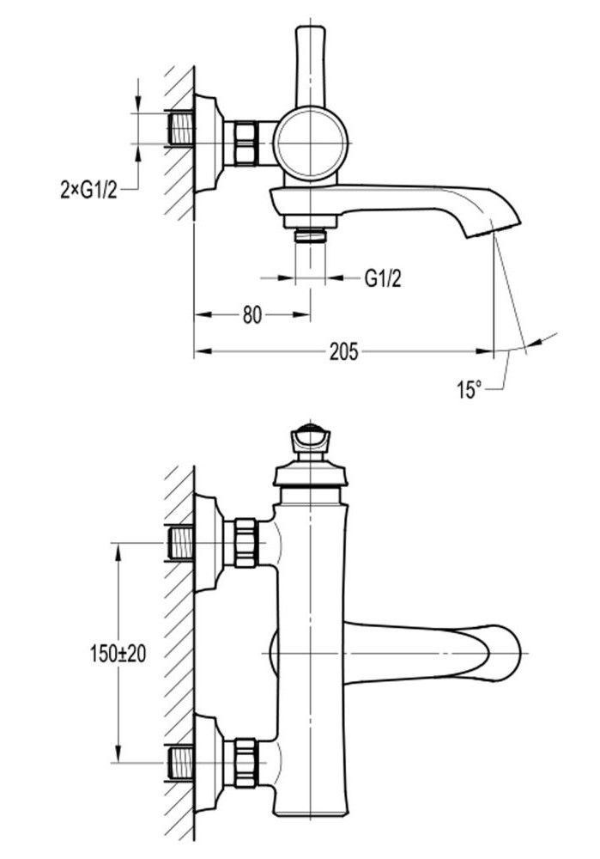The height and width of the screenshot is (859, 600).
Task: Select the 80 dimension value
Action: coord(251,315)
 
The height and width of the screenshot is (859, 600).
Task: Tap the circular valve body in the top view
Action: coord(312,143)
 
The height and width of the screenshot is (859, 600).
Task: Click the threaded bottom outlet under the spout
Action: coord(311,234)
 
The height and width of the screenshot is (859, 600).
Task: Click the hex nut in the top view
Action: coord(245,142)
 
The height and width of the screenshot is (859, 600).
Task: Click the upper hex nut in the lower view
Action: coord(245,543)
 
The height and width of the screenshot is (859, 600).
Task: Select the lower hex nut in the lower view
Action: coord(245,762)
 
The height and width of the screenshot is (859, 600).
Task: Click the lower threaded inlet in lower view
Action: coord(180,762)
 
